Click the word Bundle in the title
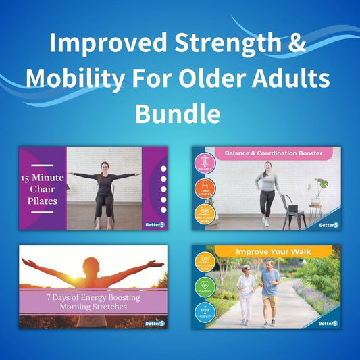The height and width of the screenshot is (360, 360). pos(180,111)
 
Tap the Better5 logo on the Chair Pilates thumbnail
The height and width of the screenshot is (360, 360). pos(155,223)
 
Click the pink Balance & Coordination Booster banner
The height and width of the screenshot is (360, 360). pos(274,154)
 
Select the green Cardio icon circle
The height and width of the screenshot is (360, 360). pos(205,288)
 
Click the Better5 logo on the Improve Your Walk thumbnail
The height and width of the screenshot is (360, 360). pos(328,323)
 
